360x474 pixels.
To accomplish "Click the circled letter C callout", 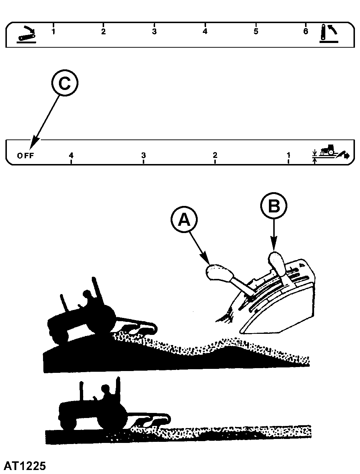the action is (65, 83).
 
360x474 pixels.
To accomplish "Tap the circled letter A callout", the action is (184, 219).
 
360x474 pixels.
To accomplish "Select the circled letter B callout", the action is (274, 206).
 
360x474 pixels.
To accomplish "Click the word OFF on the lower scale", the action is (26, 155).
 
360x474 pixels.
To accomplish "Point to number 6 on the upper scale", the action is (305, 31).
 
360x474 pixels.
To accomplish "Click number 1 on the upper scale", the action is (53, 31).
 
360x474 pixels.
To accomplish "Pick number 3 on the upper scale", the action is (154, 31).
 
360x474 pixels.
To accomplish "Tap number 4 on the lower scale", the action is (71, 155).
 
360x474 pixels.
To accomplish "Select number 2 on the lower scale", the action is (215, 155).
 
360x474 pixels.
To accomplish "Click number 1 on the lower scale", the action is (288, 155).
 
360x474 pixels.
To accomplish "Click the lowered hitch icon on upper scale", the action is (26, 35).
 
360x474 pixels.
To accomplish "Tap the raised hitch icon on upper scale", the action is (329, 34).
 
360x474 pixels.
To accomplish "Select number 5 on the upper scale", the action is (256, 31).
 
